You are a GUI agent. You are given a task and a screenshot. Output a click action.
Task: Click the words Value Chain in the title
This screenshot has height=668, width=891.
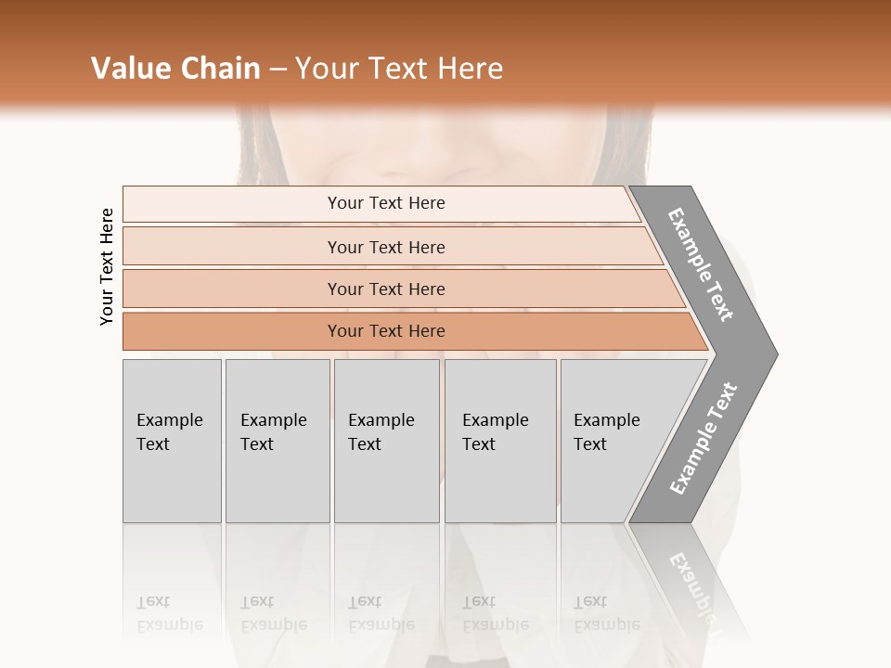tap(175, 69)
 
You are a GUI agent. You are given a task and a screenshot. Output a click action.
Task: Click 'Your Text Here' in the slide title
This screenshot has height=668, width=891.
tap(399, 69)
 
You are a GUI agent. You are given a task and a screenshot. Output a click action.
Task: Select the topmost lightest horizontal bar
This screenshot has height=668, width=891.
tap(232, 204)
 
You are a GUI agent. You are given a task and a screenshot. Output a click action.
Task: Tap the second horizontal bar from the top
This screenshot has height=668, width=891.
tap(232, 247)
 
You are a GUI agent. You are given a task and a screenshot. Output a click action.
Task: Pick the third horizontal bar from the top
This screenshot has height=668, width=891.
tap(232, 289)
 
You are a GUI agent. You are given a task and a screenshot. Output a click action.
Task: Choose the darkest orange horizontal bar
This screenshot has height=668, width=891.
tap(232, 331)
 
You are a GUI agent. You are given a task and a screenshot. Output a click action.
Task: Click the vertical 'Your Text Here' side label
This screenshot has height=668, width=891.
tap(108, 267)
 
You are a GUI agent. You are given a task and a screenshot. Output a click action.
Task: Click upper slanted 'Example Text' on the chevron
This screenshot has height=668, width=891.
tap(701, 264)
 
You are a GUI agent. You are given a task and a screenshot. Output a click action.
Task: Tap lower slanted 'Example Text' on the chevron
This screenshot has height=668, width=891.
tap(704, 439)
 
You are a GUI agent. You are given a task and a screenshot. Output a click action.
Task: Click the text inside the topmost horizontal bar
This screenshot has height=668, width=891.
tap(386, 203)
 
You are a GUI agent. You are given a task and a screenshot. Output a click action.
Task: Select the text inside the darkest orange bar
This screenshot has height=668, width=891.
tap(386, 331)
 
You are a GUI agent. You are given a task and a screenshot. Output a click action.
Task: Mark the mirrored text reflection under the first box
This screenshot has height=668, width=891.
tap(170, 612)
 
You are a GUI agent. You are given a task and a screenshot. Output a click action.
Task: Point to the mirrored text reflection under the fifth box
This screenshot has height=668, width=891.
tap(607, 612)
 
